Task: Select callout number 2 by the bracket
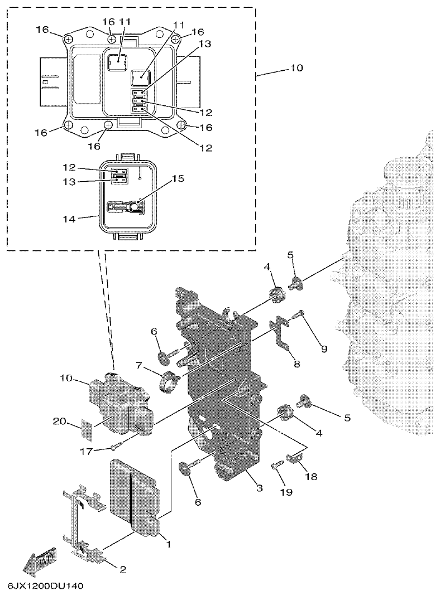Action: click(123, 569)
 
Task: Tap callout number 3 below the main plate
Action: click(259, 488)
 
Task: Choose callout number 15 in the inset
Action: click(178, 179)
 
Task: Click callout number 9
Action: click(323, 350)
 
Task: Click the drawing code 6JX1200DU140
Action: click(45, 587)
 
